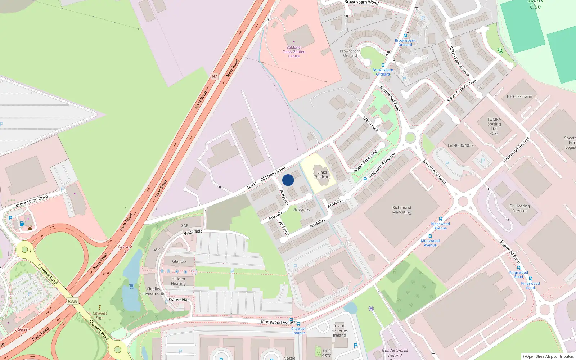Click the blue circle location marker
pyautogui.click(x=288, y=180)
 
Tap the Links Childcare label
pyautogui.click(x=322, y=175)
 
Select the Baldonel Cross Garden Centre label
pyautogui.click(x=294, y=52)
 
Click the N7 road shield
pyautogui.click(x=215, y=76)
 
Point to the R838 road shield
pyautogui.click(x=72, y=301)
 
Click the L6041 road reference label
pyautogui.click(x=252, y=185)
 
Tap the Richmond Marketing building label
pyautogui.click(x=402, y=210)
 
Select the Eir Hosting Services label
pyautogui.click(x=519, y=208)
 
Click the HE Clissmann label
pyautogui.click(x=519, y=96)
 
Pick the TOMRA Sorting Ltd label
pyautogui.click(x=494, y=126)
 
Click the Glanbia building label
pyautogui.click(x=179, y=261)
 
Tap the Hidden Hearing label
pyautogui.click(x=178, y=281)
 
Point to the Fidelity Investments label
pyautogui.click(x=153, y=291)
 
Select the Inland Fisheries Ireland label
pyautogui.click(x=339, y=330)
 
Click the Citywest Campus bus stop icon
pyautogui.click(x=298, y=324)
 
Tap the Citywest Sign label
pyautogui.click(x=100, y=315)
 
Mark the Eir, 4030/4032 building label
pyautogui.click(x=460, y=145)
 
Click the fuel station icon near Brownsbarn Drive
pyautogui.click(x=22, y=224)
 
